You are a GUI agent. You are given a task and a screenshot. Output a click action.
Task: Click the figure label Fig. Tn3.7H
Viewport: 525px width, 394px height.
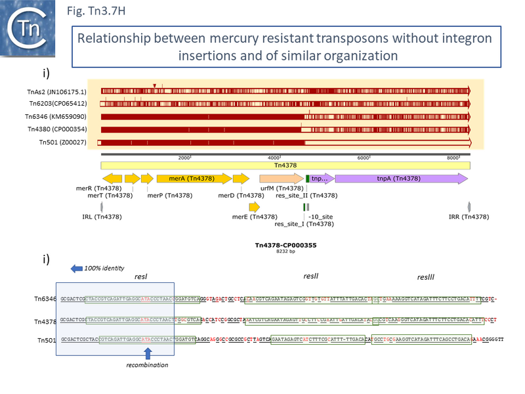[96, 12]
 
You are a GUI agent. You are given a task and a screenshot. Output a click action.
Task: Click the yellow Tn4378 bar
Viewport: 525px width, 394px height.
[285, 165]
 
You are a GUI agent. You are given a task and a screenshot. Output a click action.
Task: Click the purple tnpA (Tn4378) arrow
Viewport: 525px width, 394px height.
[400, 179]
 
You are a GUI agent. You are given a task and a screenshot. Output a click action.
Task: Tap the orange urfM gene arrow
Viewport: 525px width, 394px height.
[280, 179]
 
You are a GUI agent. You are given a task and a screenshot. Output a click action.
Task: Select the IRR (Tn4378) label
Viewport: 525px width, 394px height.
[469, 217]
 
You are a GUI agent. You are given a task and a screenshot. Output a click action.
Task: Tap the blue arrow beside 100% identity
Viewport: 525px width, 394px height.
[76, 268]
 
